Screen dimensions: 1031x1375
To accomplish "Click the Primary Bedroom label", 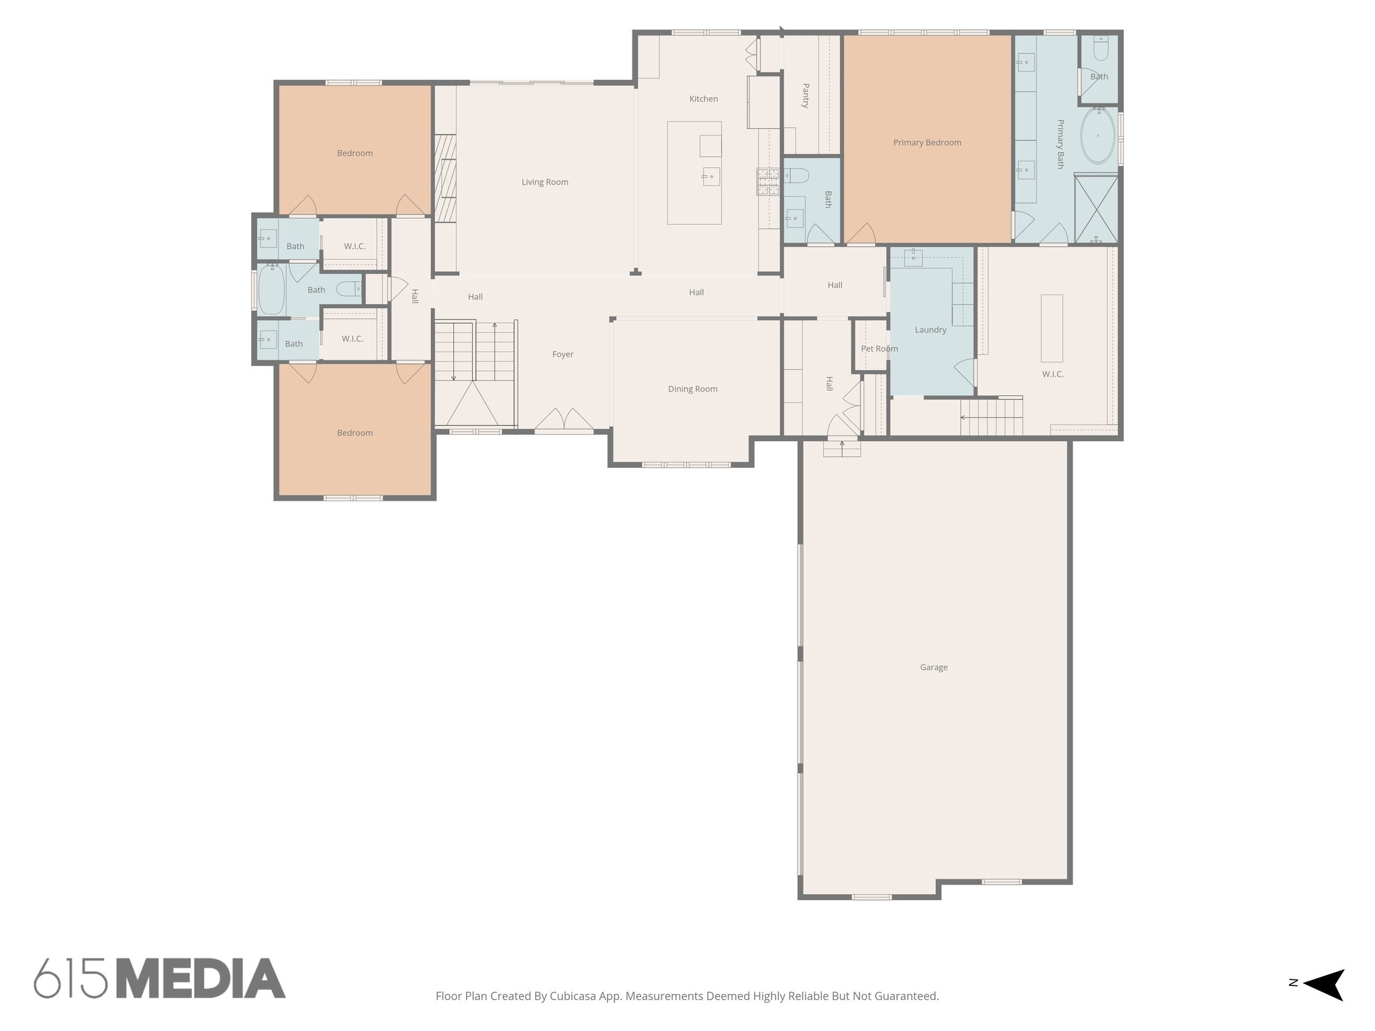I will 927,142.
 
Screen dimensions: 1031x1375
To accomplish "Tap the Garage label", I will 933,667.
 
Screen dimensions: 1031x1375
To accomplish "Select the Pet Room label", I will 879,348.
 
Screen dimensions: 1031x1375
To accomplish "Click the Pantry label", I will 806,95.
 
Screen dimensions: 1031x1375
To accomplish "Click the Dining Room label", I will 692,389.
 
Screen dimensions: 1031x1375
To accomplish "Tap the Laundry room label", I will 930,330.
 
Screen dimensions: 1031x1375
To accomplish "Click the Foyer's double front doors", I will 564,419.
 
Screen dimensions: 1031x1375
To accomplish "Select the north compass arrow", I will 1325,984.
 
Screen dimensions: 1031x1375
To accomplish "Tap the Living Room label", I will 544,182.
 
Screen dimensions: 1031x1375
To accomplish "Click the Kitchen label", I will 703,99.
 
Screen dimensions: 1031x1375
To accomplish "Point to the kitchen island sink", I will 710,177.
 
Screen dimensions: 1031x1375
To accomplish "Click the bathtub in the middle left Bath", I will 272,289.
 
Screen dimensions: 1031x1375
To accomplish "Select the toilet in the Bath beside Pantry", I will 796,176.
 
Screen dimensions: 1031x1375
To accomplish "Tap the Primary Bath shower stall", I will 1096,208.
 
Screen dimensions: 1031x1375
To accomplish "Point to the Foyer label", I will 563,354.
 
